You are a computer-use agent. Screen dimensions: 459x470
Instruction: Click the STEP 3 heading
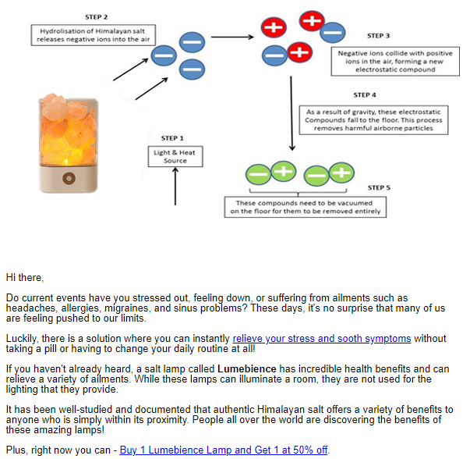click(379, 36)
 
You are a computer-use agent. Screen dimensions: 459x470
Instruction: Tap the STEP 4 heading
click(364, 95)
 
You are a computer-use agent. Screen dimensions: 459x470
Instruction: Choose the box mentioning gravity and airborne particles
click(375, 120)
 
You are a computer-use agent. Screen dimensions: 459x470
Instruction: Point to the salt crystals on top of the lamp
click(63, 105)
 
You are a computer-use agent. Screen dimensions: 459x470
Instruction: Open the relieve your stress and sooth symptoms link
click(321, 338)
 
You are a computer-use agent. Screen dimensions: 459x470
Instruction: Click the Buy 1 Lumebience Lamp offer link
click(224, 450)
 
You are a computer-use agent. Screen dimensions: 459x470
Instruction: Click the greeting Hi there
click(25, 277)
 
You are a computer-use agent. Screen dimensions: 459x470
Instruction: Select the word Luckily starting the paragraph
click(21, 338)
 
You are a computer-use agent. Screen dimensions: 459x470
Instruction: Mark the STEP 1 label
click(172, 138)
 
